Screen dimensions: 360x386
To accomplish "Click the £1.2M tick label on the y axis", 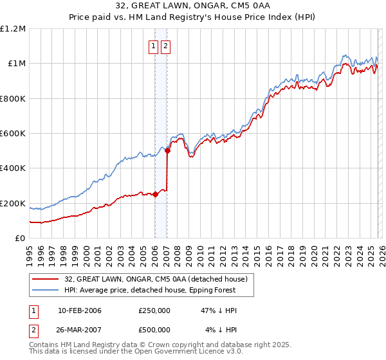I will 13,29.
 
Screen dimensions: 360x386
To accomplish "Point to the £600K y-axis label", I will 13,134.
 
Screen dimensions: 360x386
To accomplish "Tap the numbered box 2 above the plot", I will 166,46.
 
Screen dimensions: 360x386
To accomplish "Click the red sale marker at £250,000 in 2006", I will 155,195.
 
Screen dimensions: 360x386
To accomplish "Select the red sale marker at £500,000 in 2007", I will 167,151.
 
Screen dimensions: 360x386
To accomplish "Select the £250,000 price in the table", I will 154,310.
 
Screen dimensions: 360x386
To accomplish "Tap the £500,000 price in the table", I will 154,330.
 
